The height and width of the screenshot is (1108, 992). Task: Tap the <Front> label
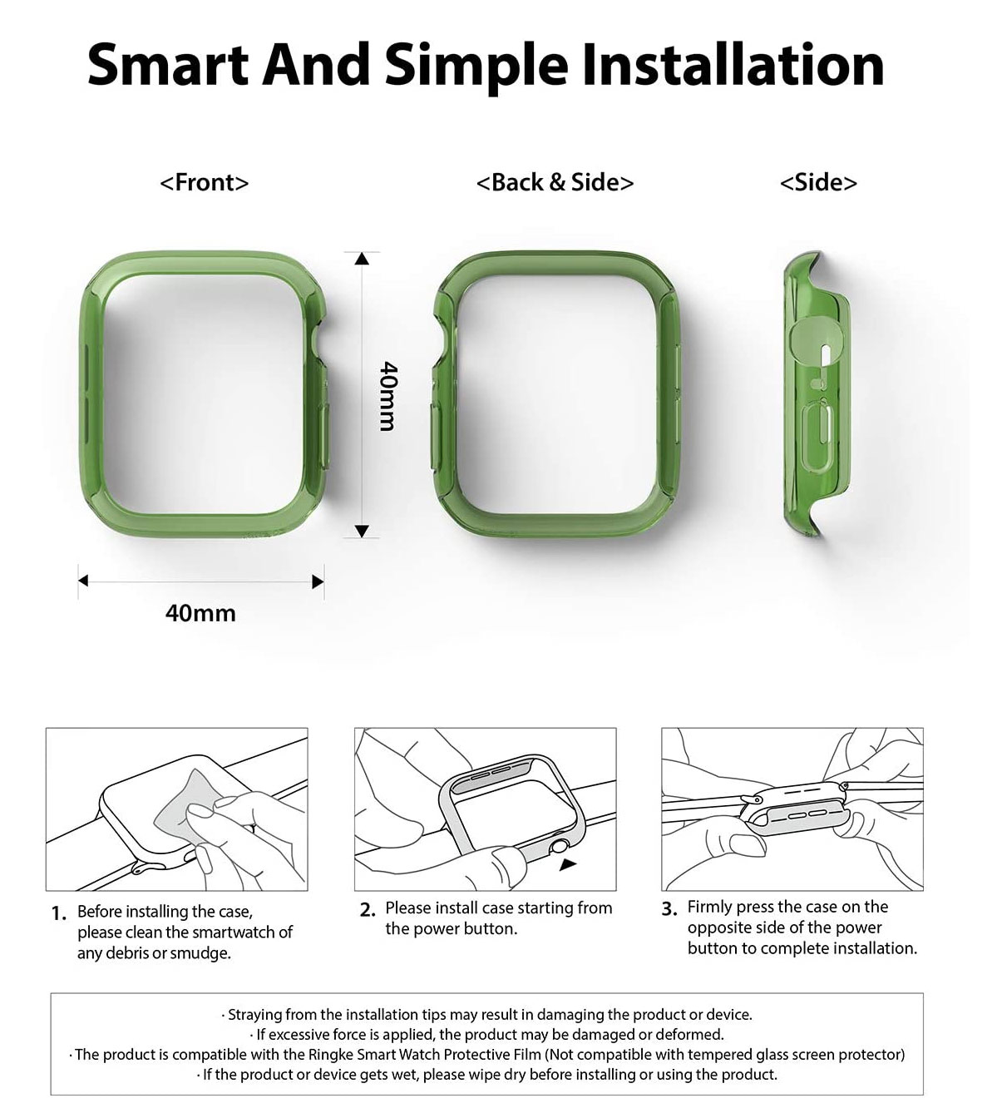204,182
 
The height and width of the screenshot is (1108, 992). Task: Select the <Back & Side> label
555,182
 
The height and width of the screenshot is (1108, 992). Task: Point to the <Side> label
818,182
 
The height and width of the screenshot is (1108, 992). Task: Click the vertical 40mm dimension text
387,396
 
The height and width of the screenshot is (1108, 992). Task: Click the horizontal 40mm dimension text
200,613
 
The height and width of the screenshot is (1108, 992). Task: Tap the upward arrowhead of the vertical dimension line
361,259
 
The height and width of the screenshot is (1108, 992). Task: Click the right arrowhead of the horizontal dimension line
318,581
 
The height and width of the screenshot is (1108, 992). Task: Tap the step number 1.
58,913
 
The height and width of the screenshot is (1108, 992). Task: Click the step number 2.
368,910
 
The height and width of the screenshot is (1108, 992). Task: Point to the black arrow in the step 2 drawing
568,865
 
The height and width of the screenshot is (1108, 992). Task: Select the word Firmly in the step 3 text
712,907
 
